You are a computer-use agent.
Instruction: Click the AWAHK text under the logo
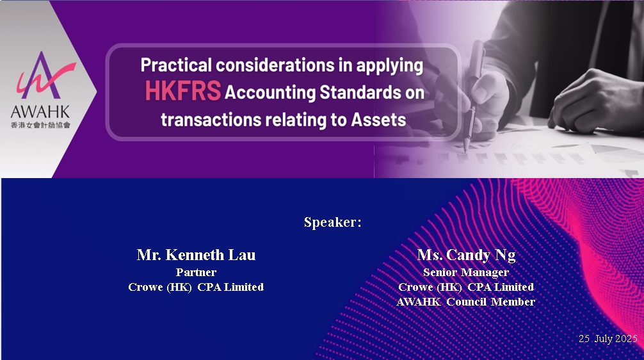click(40, 112)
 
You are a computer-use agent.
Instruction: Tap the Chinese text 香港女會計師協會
click(40, 125)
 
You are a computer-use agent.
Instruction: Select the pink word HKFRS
click(183, 91)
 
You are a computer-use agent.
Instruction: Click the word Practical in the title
click(176, 65)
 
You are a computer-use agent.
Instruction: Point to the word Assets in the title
click(378, 120)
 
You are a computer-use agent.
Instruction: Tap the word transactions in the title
click(211, 120)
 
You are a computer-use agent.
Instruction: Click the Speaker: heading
click(333, 222)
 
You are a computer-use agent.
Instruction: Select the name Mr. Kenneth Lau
click(196, 255)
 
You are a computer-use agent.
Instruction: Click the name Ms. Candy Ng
click(466, 255)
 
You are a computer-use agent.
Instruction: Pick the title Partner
click(196, 272)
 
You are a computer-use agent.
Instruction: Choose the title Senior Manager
click(466, 272)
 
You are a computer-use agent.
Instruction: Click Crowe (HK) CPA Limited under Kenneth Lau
click(196, 287)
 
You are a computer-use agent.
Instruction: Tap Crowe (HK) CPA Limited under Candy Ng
click(466, 287)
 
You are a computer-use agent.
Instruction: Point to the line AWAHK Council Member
click(466, 302)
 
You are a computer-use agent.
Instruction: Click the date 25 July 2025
click(608, 338)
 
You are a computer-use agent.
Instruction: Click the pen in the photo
click(472, 97)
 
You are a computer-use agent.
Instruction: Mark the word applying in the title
click(389, 66)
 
